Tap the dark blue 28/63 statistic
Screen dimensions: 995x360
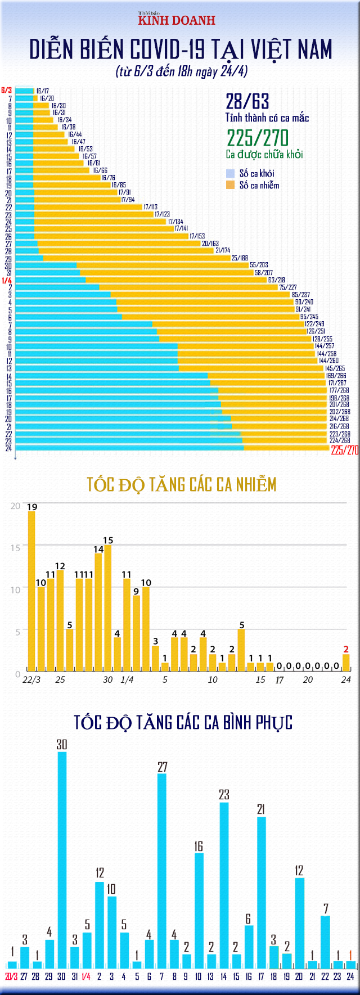point(247,102)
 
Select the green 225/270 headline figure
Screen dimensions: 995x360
point(258,138)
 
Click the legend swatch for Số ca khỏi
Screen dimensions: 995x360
point(230,174)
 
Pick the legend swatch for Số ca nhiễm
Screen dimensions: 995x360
point(230,185)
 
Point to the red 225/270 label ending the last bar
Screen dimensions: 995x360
point(344,450)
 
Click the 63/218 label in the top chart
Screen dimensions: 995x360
point(276,280)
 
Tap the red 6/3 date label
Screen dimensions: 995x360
point(7,90)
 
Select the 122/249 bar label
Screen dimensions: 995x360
point(314,324)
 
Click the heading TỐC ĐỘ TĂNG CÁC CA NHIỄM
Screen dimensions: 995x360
point(182,484)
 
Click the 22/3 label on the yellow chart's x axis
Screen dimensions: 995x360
point(31,679)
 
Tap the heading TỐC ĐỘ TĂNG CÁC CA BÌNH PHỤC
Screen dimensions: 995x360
point(183,722)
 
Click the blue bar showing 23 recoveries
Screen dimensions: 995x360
point(224,886)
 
